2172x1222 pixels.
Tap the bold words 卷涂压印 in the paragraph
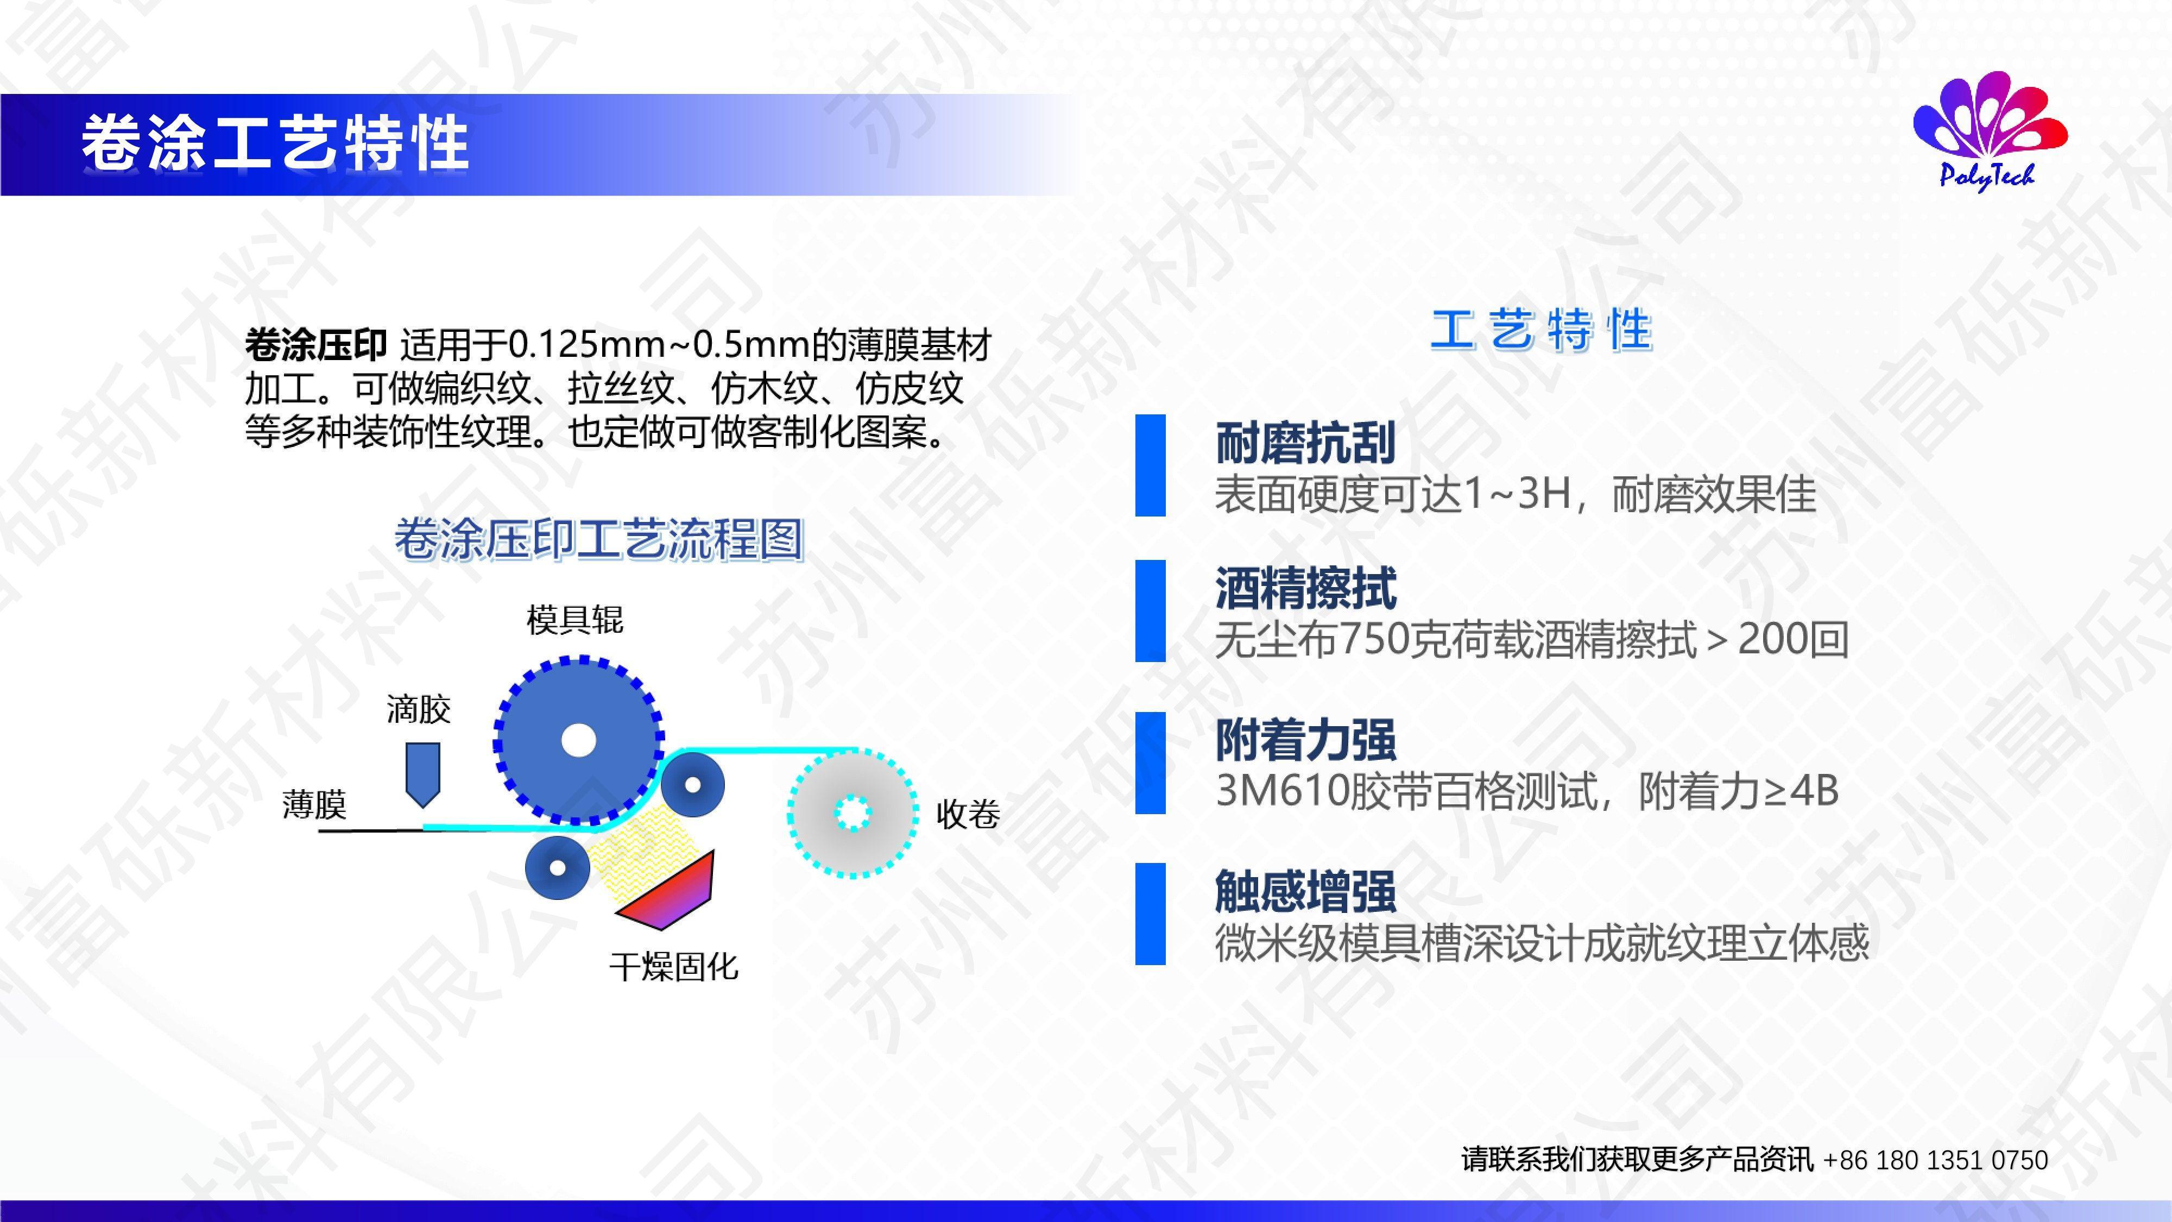click(x=315, y=345)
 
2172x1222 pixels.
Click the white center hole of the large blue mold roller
click(x=578, y=740)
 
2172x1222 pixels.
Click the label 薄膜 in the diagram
click(x=314, y=804)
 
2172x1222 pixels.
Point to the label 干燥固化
click(x=674, y=967)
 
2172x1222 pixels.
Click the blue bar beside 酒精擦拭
click(x=1150, y=610)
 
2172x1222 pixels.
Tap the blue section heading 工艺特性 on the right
click(x=1542, y=330)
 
